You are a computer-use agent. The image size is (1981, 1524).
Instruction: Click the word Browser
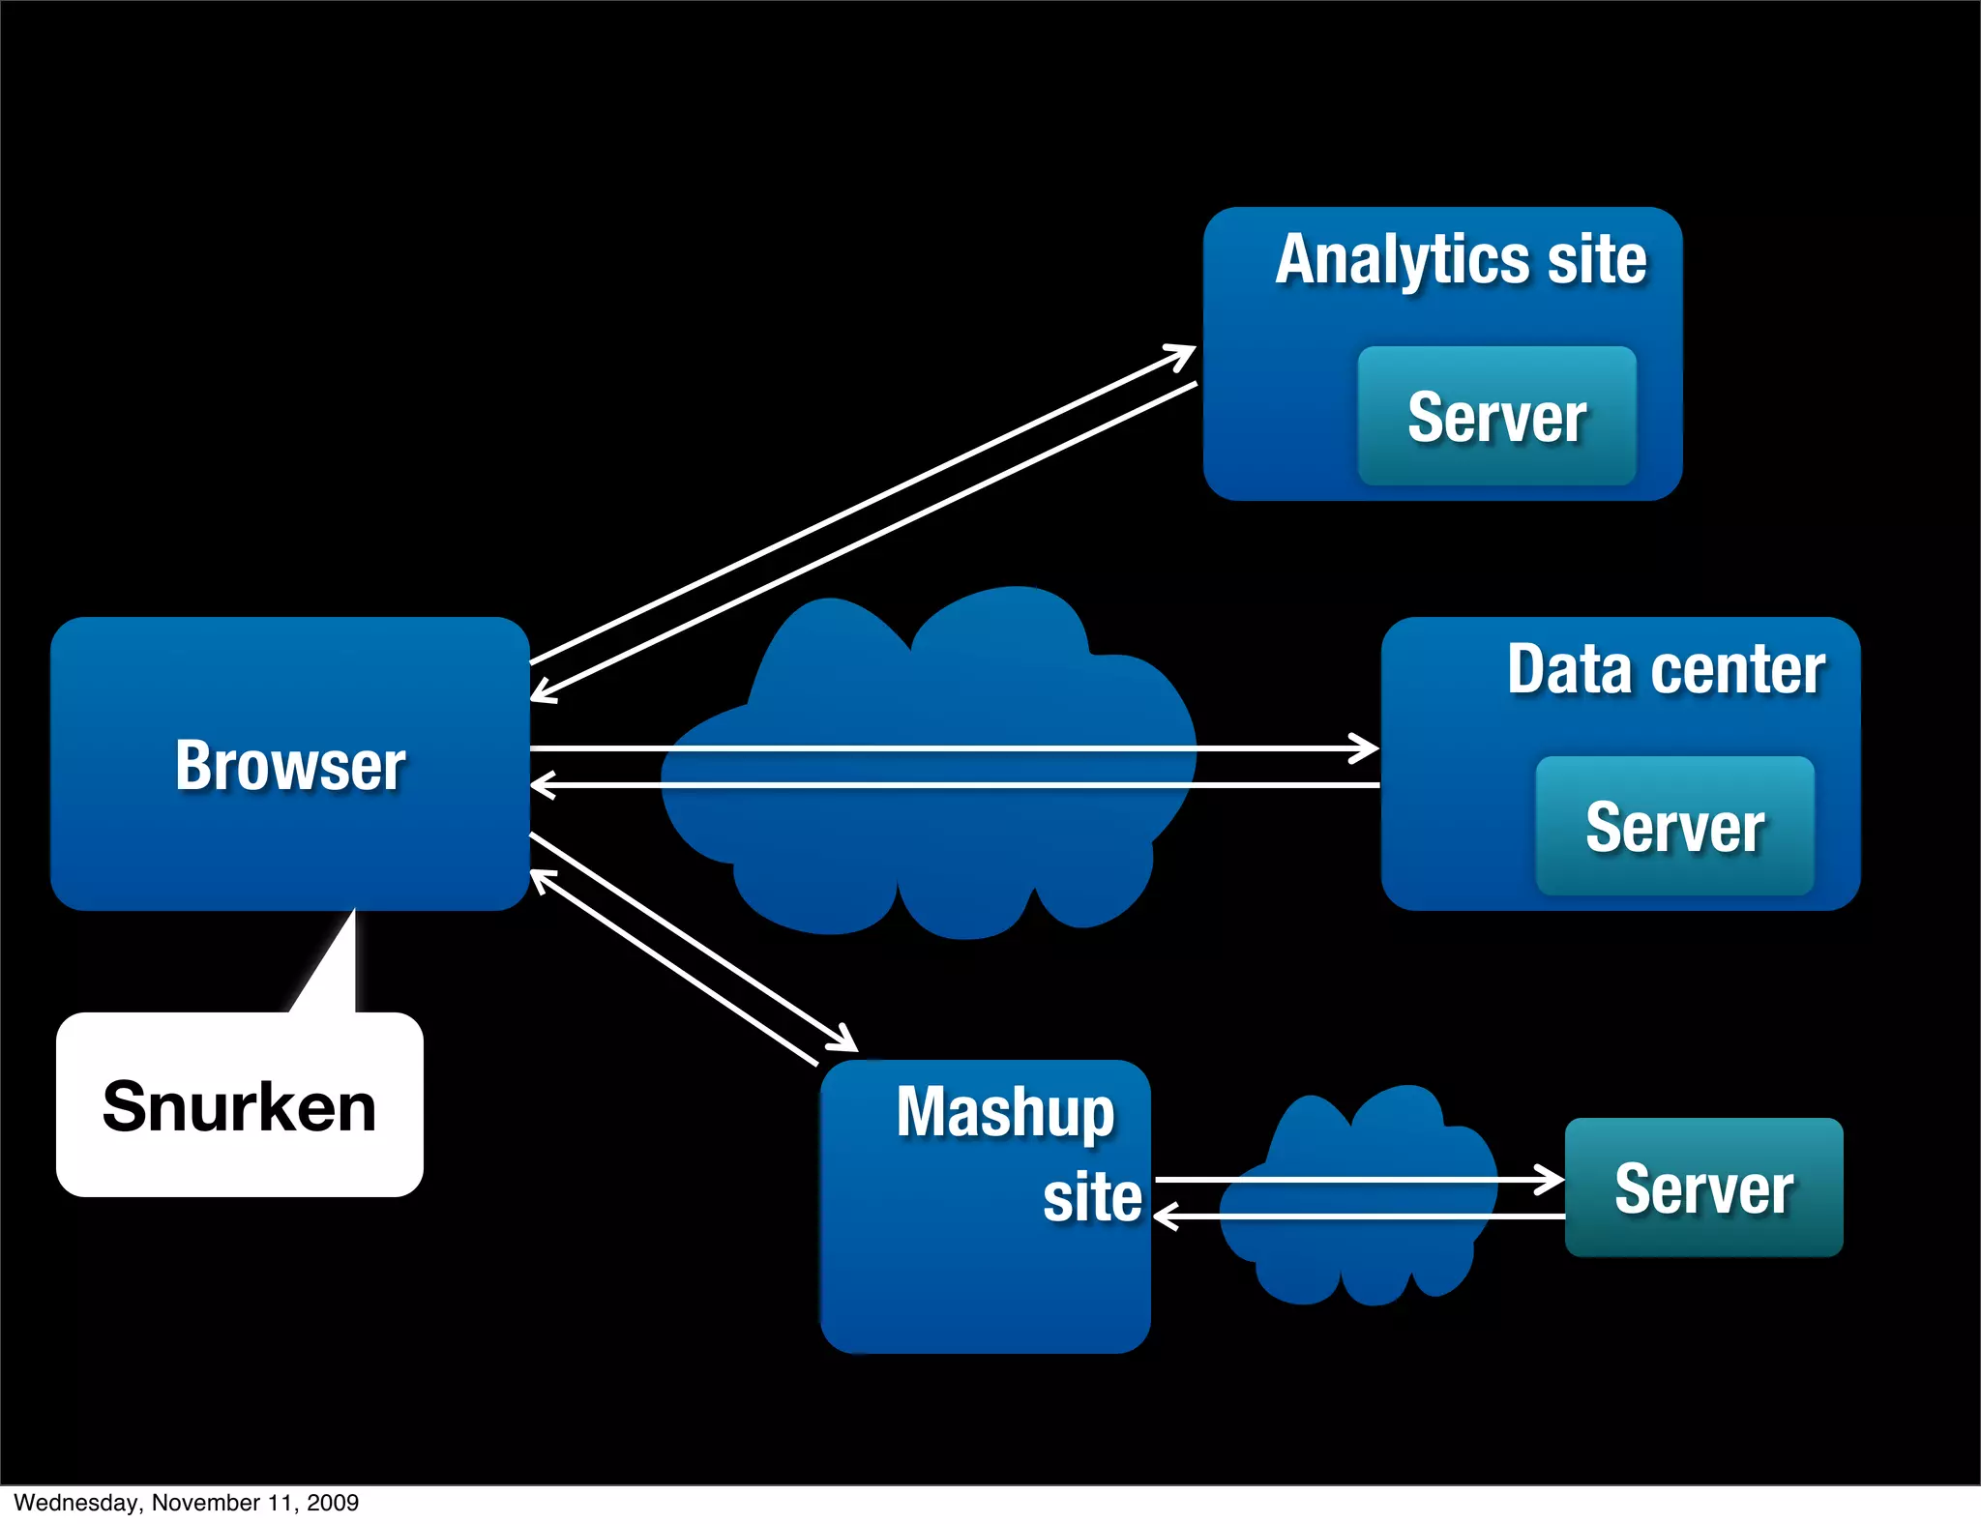tap(290, 766)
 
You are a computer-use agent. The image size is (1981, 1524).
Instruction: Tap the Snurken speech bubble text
tap(239, 1106)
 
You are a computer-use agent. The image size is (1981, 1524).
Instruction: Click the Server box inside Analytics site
tap(1496, 417)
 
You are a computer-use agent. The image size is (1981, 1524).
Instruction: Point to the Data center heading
tap(1666, 669)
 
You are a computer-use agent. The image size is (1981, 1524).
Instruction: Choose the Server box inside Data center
tap(1674, 827)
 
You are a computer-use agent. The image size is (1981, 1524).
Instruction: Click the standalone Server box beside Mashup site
tap(1703, 1187)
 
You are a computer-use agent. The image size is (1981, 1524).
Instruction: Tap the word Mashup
tap(1005, 1112)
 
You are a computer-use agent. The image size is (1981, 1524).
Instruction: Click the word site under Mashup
tap(1092, 1197)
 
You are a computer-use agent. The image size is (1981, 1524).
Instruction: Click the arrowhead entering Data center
tap(1369, 747)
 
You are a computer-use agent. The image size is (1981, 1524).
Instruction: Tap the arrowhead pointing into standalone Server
tap(1552, 1180)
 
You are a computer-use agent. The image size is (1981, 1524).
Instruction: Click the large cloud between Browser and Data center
tap(929, 851)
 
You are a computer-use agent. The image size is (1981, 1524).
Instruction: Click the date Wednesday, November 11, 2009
tap(186, 1503)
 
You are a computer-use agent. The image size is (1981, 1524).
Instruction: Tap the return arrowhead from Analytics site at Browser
tap(542, 692)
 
